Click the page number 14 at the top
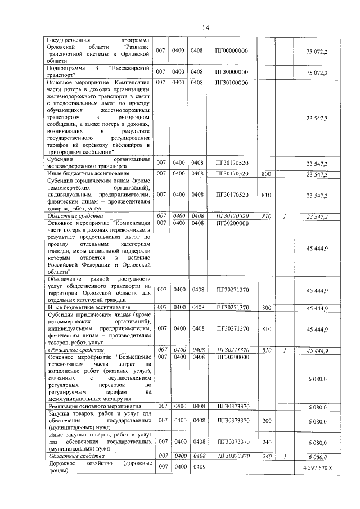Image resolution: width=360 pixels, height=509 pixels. pyautogui.click(x=205, y=28)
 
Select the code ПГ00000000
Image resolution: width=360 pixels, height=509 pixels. pyautogui.click(x=231, y=51)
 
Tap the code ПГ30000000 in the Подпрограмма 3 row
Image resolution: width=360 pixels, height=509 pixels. pyautogui.click(x=231, y=72)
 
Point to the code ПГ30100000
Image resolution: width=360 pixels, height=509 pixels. pyautogui.click(x=231, y=83)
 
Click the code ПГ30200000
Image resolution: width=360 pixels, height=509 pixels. pyautogui.click(x=231, y=223)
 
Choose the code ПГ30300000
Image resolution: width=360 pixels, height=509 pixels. pyautogui.click(x=231, y=357)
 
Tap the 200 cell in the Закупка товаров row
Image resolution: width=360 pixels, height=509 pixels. pyautogui.click(x=267, y=421)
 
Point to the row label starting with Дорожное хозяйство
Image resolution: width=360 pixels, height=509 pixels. pyautogui.click(x=100, y=467)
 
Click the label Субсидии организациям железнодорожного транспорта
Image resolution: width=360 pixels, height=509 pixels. pyautogui.click(x=100, y=163)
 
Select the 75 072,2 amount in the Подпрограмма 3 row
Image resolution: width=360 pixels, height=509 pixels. pyautogui.click(x=317, y=73)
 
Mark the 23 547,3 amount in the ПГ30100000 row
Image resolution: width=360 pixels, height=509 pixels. pyautogui.click(x=317, y=119)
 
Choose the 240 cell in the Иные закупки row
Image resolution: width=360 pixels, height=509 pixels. pyautogui.click(x=267, y=442)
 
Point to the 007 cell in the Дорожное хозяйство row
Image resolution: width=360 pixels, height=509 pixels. pyautogui.click(x=160, y=467)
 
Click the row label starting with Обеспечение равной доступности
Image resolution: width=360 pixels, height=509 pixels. pyautogui.click(x=100, y=290)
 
